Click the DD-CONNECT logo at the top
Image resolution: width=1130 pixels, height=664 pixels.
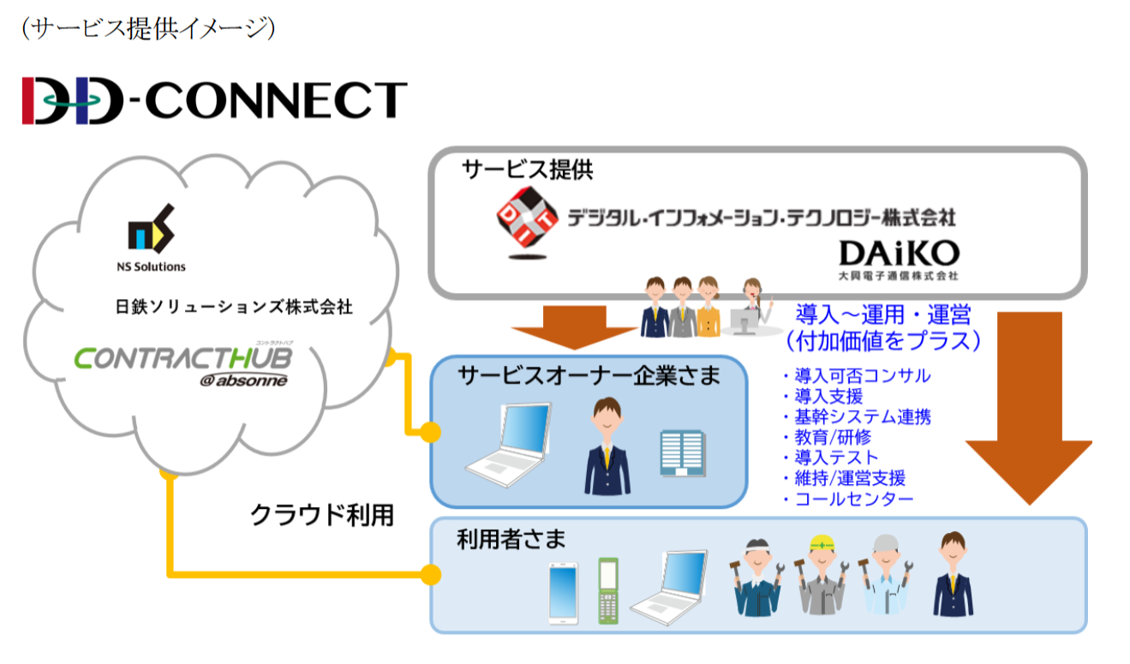(x=213, y=99)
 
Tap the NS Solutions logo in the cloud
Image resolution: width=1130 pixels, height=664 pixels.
(x=151, y=235)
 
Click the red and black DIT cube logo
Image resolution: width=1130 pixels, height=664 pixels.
(x=527, y=217)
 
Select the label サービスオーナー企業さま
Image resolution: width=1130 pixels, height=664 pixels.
(x=589, y=375)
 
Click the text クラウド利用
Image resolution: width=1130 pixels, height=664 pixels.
(x=322, y=514)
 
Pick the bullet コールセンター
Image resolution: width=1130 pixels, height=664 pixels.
(x=853, y=499)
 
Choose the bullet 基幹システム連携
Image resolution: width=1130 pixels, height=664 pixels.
(x=862, y=416)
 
